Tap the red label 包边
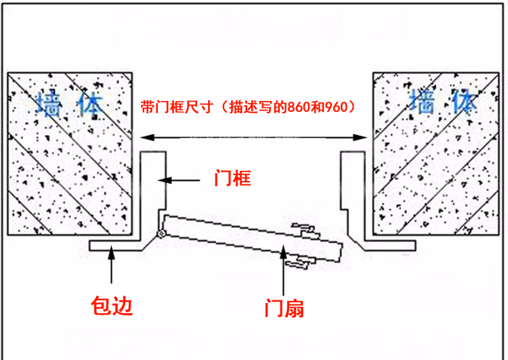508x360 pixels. pos(112,306)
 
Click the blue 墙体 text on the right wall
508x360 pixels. pos(443,102)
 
